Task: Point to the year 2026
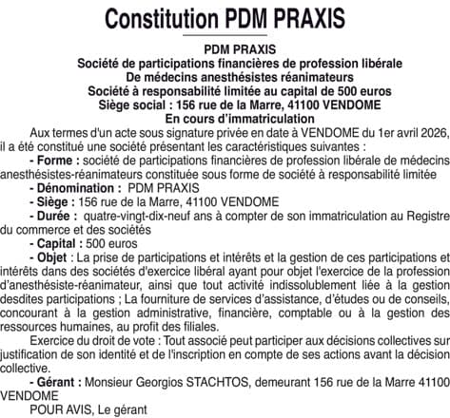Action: tap(432, 133)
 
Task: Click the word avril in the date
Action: tap(400, 133)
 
